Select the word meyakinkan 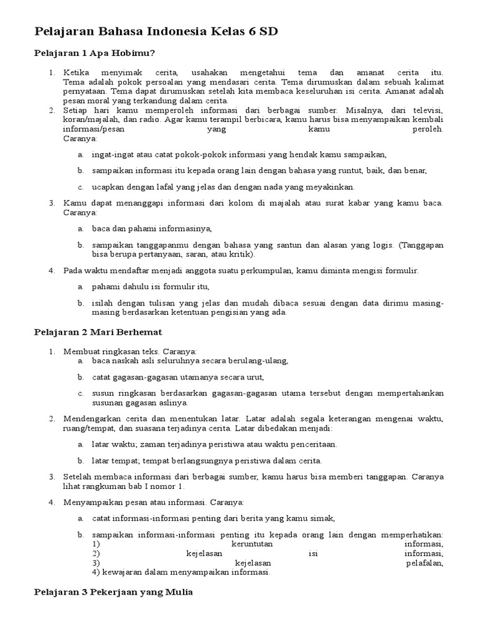click(x=332, y=187)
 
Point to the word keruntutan click(x=253, y=544)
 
